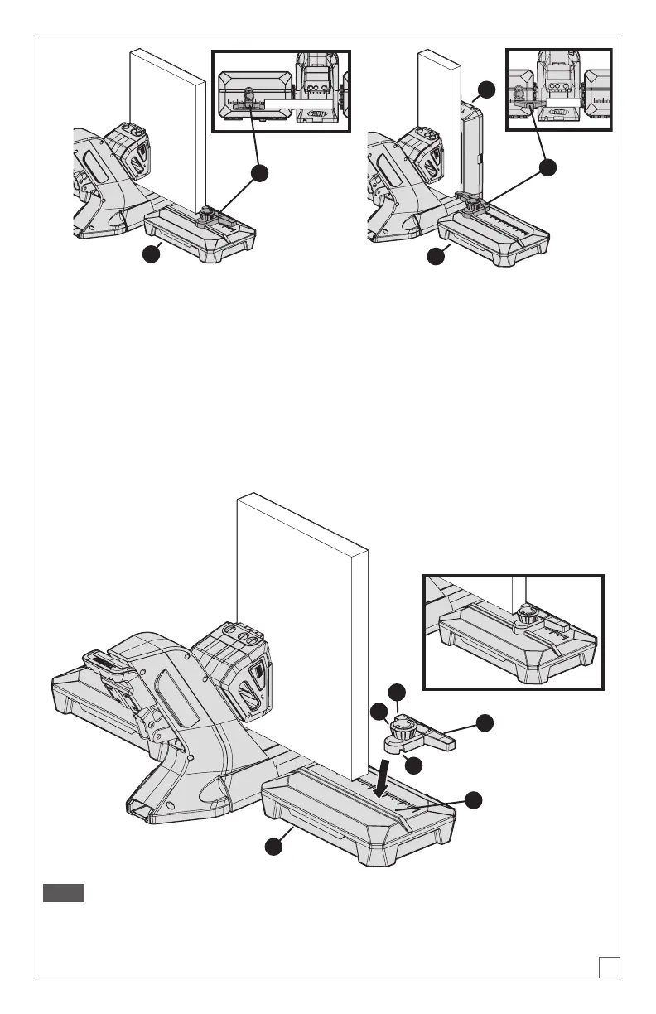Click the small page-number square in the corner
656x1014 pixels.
pyautogui.click(x=610, y=966)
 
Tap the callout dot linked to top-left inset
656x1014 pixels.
pyautogui.click(x=260, y=173)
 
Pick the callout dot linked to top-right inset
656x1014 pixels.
pyautogui.click(x=547, y=167)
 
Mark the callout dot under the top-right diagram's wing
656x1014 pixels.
pyautogui.click(x=437, y=258)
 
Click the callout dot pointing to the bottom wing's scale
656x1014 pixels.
pyautogui.click(x=473, y=799)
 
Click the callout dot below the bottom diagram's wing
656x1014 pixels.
pyautogui.click(x=273, y=846)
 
